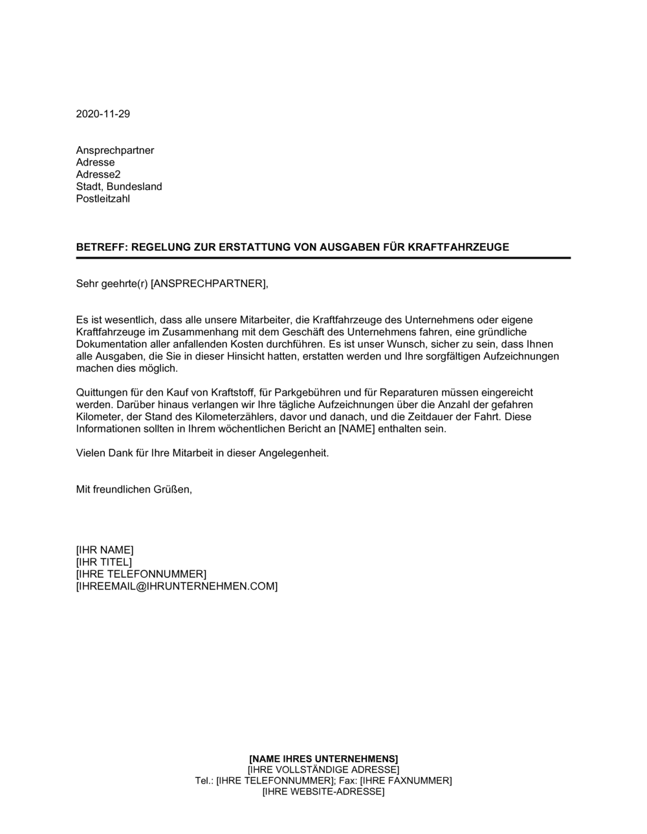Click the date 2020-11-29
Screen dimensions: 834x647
[103, 114]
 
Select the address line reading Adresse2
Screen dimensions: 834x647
[98, 175]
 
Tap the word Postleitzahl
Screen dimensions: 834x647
[103, 198]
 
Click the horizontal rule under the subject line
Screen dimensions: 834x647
[323, 258]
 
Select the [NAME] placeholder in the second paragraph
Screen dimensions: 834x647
[356, 429]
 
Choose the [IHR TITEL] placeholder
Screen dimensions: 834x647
[104, 562]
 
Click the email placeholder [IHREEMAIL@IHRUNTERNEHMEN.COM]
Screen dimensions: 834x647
[177, 586]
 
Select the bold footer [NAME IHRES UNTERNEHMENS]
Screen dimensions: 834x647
[323, 758]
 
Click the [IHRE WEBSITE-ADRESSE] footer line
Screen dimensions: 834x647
[323, 791]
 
